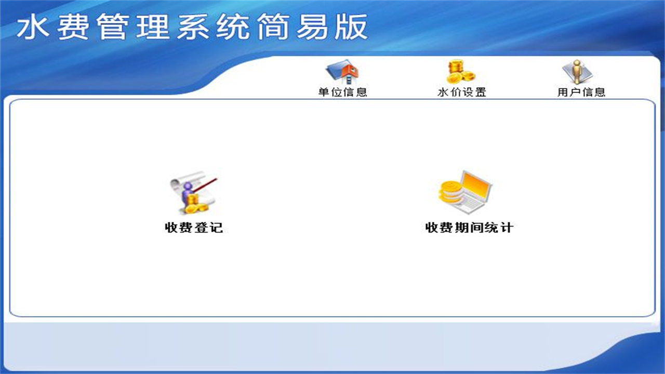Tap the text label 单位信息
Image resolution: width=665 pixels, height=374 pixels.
pos(342,92)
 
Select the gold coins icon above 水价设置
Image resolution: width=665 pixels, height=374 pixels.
pos(461,72)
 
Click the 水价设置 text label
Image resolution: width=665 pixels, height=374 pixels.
pos(462,92)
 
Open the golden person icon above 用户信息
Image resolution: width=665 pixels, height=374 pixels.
pos(577,72)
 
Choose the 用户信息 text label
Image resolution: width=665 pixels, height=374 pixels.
pos(581,92)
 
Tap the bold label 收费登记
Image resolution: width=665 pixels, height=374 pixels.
pos(194,228)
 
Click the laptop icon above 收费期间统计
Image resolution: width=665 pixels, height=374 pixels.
pos(465,191)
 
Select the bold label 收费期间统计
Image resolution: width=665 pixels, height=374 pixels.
pos(469,228)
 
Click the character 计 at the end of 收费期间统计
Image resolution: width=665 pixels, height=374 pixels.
pos(507,228)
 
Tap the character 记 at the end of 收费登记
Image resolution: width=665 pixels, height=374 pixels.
pos(216,228)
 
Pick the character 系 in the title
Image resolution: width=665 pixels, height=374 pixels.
pos(193,27)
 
